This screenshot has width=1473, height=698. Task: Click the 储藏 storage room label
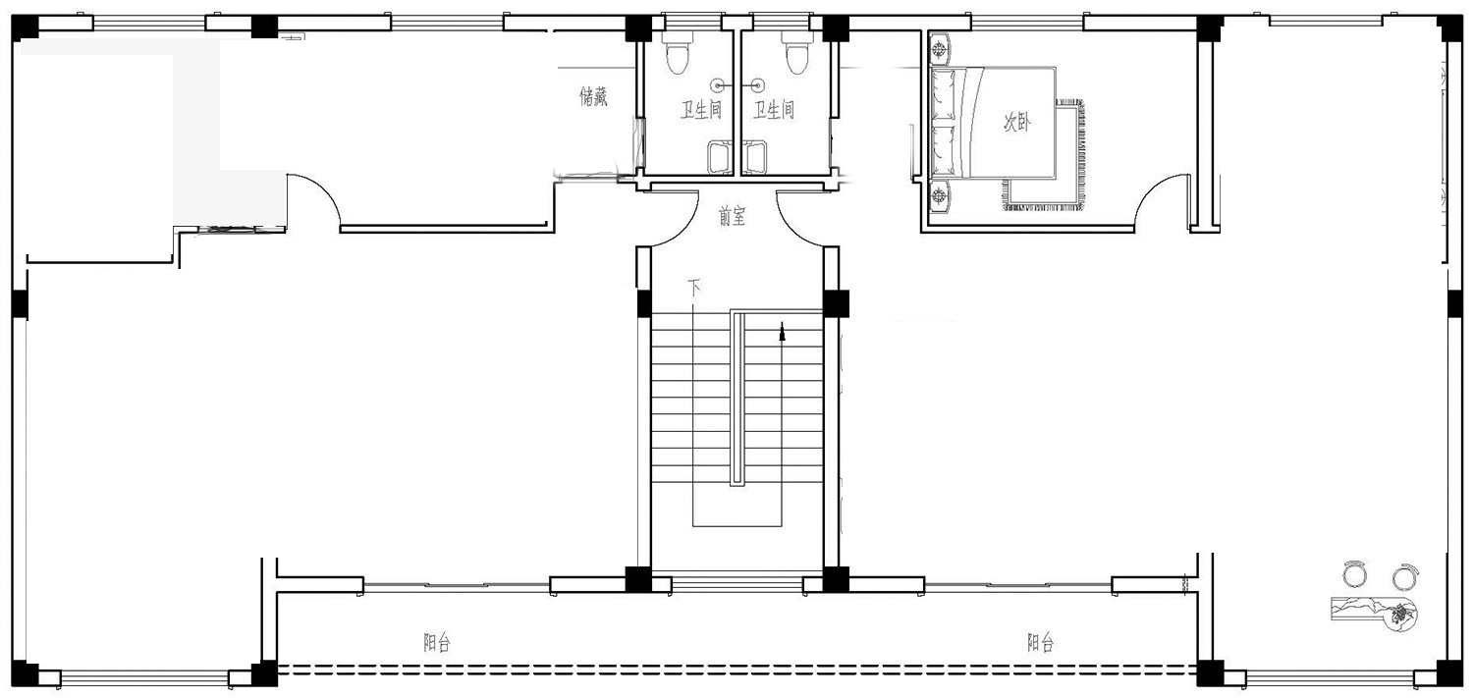[593, 96]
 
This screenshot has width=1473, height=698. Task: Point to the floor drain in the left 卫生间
[718, 84]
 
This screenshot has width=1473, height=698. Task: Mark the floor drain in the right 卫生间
[758, 84]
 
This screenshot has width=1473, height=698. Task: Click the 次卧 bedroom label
[1016, 122]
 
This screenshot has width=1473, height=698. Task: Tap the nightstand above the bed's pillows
[940, 49]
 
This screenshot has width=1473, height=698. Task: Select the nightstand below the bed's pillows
[940, 195]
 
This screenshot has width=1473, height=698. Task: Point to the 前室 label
[732, 216]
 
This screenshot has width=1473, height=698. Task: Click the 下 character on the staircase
[693, 288]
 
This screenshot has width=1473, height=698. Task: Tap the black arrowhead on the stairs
[782, 333]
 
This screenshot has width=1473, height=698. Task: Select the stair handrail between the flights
[737, 399]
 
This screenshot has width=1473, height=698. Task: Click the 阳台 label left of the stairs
[437, 642]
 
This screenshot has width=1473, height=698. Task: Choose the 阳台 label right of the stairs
[1040, 642]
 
